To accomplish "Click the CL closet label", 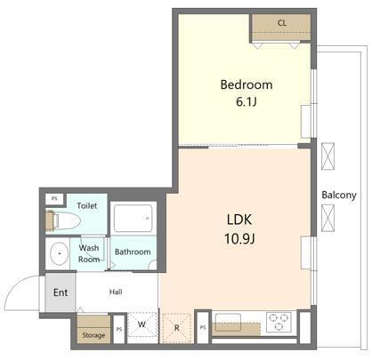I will tap(281, 23).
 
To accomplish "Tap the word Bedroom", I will tap(246, 85).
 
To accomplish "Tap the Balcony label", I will tap(339, 196).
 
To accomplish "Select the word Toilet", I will tap(87, 205).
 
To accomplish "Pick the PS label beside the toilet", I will tap(54, 199).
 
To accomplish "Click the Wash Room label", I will tap(89, 253).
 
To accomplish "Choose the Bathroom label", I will tap(133, 252).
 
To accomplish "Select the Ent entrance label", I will tap(61, 292).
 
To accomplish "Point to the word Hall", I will tap(117, 291).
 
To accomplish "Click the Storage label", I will tap(93, 335).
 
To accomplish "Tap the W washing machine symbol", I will tap(142, 325).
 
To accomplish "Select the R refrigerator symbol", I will tap(177, 327).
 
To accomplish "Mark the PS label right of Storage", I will tap(118, 329).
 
